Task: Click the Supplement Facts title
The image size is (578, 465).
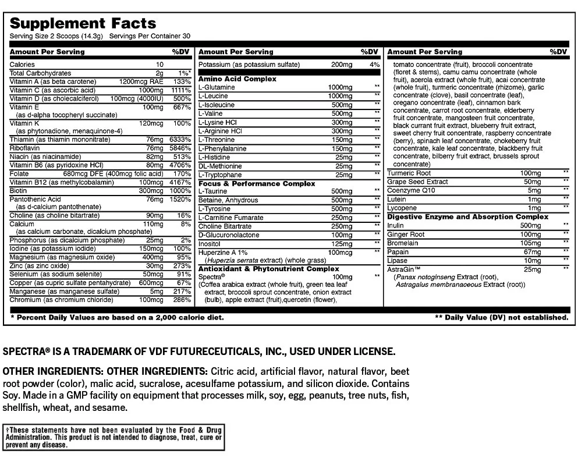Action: click(x=83, y=23)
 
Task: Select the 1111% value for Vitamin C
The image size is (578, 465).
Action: click(x=180, y=90)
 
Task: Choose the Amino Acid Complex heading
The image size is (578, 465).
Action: click(x=237, y=79)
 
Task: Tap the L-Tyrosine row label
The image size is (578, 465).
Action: click(x=214, y=209)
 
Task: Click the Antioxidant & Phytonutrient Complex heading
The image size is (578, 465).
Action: click(x=269, y=269)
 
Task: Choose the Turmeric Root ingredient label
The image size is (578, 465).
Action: click(x=409, y=173)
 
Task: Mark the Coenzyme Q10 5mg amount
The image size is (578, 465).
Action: click(x=534, y=190)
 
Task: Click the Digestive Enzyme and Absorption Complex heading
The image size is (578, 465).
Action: click(x=468, y=216)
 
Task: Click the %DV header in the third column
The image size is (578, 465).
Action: click(x=558, y=52)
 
